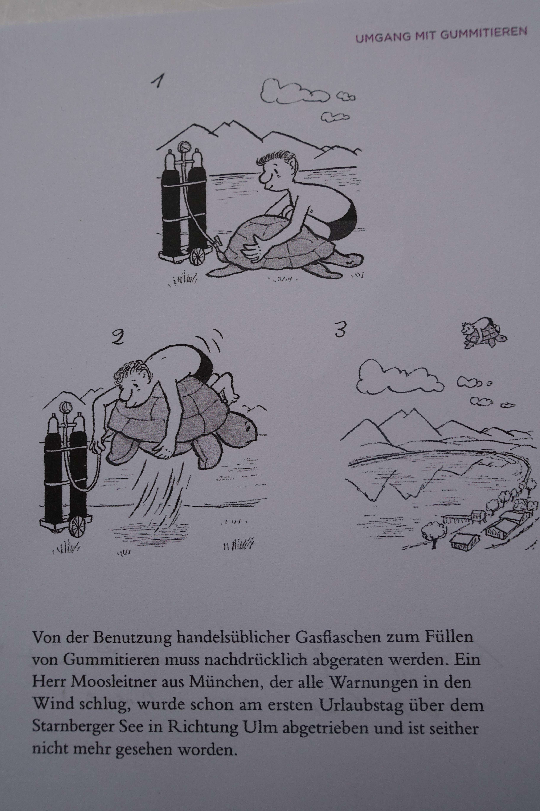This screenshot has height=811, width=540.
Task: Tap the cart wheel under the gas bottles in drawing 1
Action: click(197, 257)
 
